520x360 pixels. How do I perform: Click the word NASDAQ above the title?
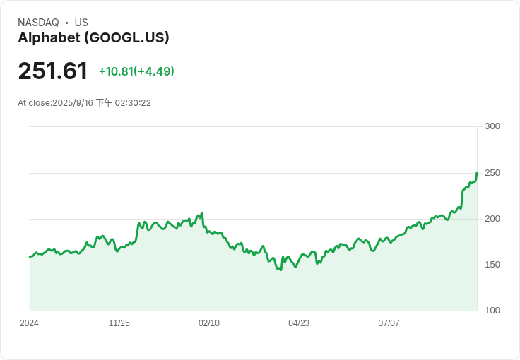38,23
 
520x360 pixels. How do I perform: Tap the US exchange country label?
81,23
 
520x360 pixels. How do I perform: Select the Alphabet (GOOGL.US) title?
93,37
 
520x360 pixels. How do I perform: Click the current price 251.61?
53,71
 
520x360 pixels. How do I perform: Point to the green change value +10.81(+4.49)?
136,71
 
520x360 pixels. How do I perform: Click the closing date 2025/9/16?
73,103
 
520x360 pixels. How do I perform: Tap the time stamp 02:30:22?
133,103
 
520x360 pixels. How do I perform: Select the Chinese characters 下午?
104,102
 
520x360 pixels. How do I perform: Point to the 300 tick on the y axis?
492,126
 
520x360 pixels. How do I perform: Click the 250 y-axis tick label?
492,173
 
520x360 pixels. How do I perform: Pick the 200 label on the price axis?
492,219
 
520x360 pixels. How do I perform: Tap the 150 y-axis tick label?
492,265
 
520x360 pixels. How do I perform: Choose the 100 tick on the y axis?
492,311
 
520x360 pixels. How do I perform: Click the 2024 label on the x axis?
29,323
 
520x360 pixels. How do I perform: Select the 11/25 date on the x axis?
119,323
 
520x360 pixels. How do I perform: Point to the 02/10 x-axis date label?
209,323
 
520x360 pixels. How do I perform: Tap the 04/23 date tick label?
299,323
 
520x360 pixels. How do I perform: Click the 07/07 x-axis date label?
389,323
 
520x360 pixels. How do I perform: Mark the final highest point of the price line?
477,172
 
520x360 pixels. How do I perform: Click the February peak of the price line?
201,213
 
